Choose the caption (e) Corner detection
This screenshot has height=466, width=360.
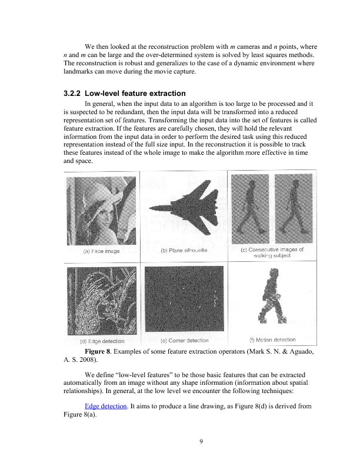pos(184,340)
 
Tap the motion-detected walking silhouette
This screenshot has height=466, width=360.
pos(272,297)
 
